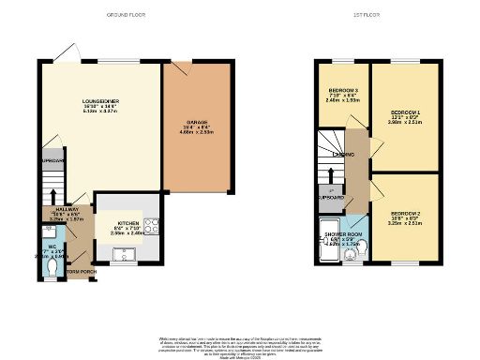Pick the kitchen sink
(x=125, y=253)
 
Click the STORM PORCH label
(x=82, y=272)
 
